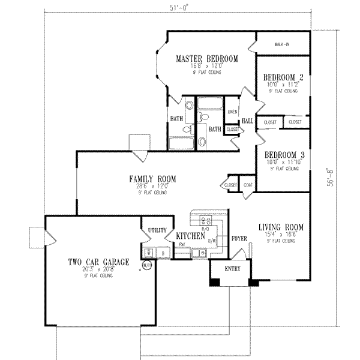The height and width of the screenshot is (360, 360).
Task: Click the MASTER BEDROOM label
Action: coord(206,58)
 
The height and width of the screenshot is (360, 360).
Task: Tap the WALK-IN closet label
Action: coord(282,44)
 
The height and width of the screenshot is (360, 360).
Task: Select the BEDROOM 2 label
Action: coord(283,77)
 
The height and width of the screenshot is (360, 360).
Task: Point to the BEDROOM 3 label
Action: coord(283,154)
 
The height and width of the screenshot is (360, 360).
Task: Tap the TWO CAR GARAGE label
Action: coord(98,262)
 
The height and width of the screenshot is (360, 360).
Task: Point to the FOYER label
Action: coord(239,238)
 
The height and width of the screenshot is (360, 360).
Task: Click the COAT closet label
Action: coord(247,186)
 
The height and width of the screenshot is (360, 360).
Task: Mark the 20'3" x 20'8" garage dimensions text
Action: coord(98,271)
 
